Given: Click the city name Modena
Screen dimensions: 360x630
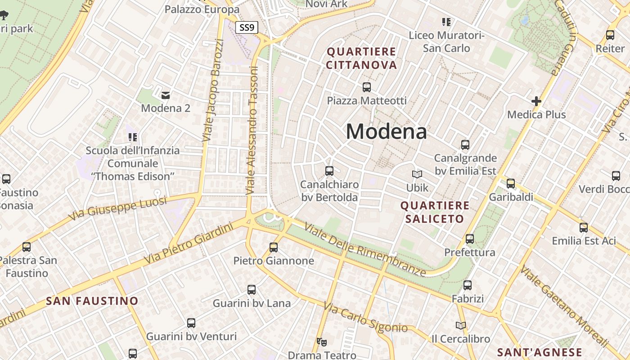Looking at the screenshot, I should click(386, 131).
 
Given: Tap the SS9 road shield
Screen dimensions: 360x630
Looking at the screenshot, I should click(247, 27).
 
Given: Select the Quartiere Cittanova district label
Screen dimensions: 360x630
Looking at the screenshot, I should click(361, 58).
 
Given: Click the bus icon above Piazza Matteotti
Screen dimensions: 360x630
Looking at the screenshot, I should click(367, 87).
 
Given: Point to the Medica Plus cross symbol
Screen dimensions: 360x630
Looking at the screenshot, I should click(536, 101).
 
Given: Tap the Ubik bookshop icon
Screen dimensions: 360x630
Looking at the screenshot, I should click(417, 174).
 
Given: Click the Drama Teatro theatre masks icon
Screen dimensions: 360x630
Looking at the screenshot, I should click(321, 342).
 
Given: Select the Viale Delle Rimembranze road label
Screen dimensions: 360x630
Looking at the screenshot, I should click(364, 249).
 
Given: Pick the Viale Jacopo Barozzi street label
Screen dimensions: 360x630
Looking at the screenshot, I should click(213, 90).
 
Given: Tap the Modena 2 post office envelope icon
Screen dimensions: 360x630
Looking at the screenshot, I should click(166, 94).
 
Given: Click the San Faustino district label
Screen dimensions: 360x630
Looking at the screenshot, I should click(92, 301).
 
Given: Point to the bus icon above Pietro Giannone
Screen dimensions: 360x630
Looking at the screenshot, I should click(274, 247).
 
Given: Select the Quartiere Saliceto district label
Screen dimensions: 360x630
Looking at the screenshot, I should click(435, 212).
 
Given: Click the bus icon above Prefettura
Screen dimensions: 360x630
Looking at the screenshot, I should click(470, 238).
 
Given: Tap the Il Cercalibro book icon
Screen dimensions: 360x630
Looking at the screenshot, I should click(460, 325).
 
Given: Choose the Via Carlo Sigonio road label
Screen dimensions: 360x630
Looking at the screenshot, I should click(365, 318).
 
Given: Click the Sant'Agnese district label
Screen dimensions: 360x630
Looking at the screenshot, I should click(540, 352).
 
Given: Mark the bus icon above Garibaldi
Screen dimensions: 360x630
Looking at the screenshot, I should click(510, 184).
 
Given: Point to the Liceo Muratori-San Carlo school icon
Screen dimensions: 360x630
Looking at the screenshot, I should click(446, 22).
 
